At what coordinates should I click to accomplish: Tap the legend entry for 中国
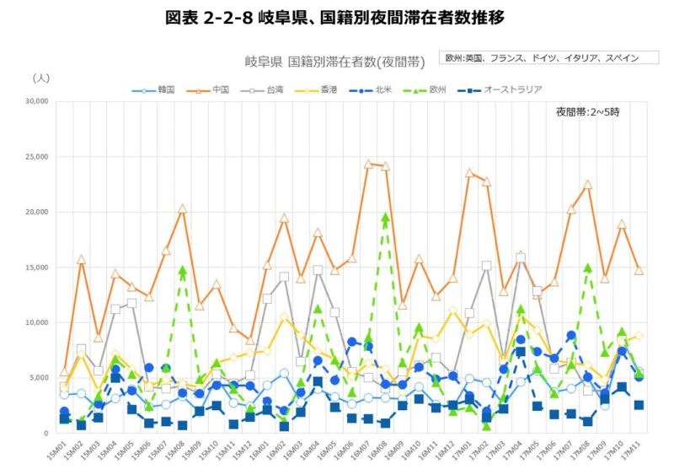click(217, 89)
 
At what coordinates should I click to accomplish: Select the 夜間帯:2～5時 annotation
click(586, 111)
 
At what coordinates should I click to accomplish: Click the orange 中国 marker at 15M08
click(182, 208)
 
